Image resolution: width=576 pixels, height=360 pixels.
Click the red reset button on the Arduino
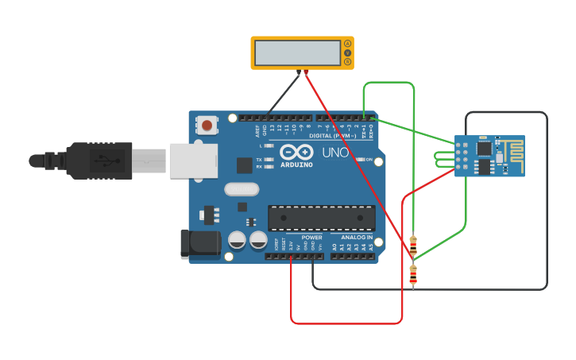click(207, 125)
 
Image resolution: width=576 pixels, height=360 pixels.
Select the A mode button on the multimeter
click(347, 44)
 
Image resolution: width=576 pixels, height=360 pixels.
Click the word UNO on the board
click(336, 152)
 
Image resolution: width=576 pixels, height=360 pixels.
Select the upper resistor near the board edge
click(413, 246)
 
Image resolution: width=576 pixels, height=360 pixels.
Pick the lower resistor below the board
click(413, 275)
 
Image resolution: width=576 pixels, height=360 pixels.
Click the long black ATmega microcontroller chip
click(322, 218)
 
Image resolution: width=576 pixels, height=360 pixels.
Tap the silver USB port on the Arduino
click(191, 160)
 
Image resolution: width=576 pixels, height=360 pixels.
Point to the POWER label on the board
click(312, 237)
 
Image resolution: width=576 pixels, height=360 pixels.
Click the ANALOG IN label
click(357, 237)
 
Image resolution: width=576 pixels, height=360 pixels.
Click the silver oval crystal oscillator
click(242, 189)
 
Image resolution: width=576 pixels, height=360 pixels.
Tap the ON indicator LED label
click(369, 160)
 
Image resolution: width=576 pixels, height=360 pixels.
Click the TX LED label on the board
click(259, 160)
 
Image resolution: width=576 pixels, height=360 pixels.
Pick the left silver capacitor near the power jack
click(237, 239)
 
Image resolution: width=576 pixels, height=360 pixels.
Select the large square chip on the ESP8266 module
click(483, 147)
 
